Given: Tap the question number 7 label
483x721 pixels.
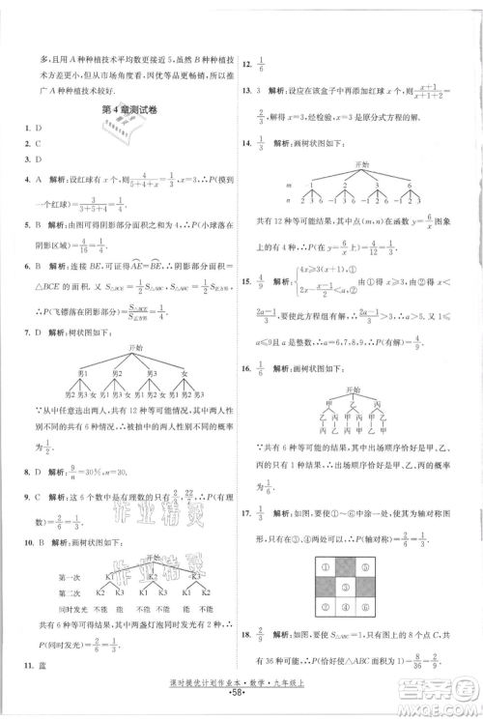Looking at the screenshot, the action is [x=21, y=332].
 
